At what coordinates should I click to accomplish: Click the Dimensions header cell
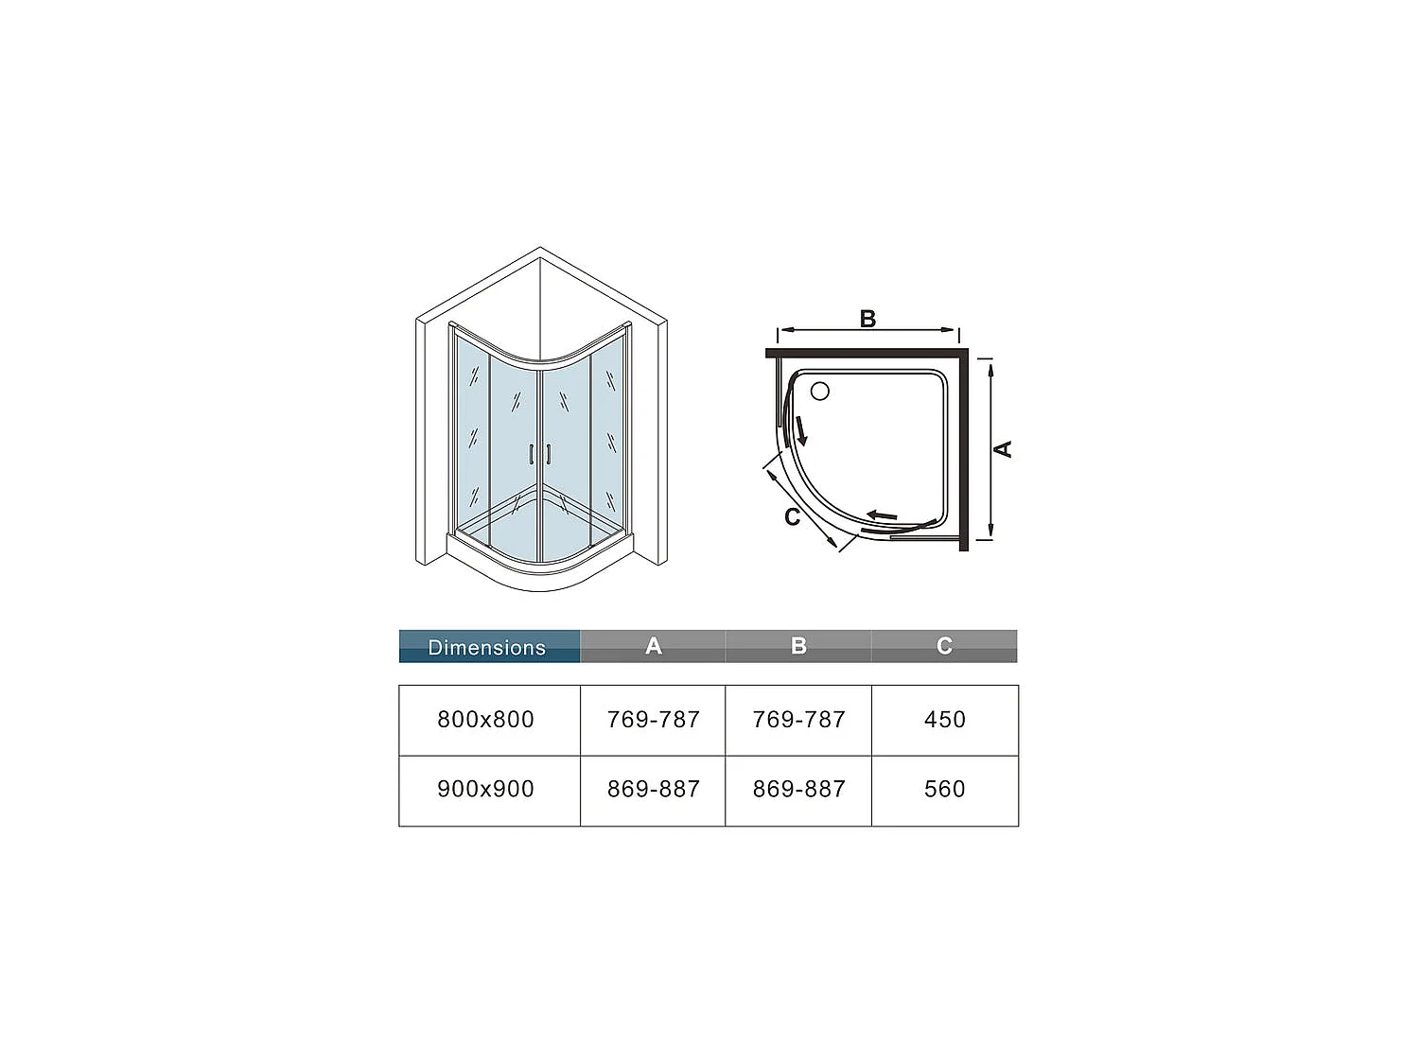(487, 647)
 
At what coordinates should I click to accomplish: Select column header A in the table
(653, 646)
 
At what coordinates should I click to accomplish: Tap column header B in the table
(798, 646)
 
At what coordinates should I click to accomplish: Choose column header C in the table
(944, 646)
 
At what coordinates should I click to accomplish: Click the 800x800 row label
(486, 720)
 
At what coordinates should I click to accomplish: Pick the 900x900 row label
(486, 789)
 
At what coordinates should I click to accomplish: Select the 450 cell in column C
(944, 720)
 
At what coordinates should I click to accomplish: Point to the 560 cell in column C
(944, 789)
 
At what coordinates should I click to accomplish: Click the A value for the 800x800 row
(653, 720)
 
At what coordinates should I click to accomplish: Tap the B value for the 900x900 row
(798, 789)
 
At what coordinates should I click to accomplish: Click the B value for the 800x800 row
(798, 720)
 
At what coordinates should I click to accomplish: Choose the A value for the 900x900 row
(653, 789)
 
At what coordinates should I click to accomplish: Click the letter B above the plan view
(867, 319)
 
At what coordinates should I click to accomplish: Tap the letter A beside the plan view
(1004, 449)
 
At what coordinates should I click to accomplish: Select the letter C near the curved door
(793, 517)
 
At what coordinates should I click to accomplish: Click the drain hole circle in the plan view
(820, 391)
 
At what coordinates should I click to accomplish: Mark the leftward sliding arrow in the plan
(882, 515)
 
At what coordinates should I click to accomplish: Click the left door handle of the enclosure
(532, 454)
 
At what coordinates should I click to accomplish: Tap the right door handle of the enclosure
(548, 454)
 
